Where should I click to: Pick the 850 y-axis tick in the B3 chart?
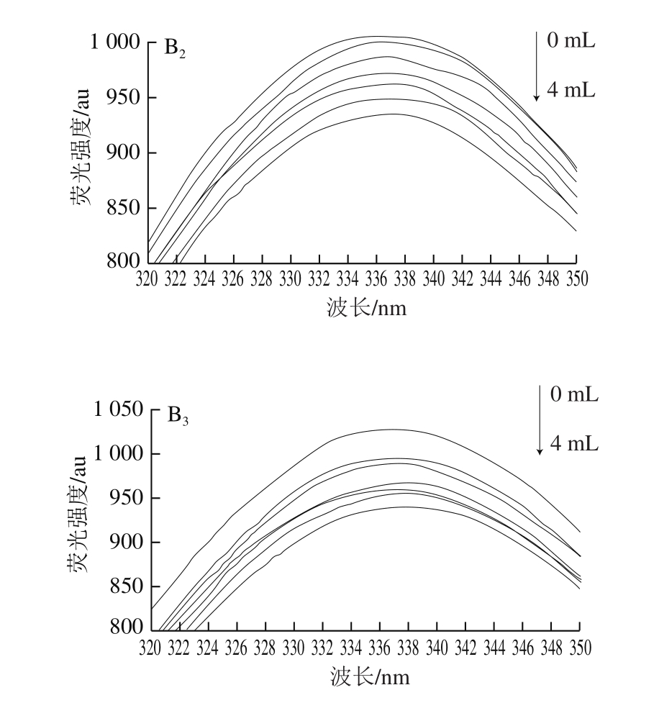click(x=124, y=586)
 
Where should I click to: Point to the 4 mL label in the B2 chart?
click(x=571, y=91)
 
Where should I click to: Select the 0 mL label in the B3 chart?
click(x=573, y=395)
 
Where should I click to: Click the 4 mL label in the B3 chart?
click(x=573, y=444)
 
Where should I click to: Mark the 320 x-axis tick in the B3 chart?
click(x=150, y=648)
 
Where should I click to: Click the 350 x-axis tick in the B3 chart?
click(x=580, y=648)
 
